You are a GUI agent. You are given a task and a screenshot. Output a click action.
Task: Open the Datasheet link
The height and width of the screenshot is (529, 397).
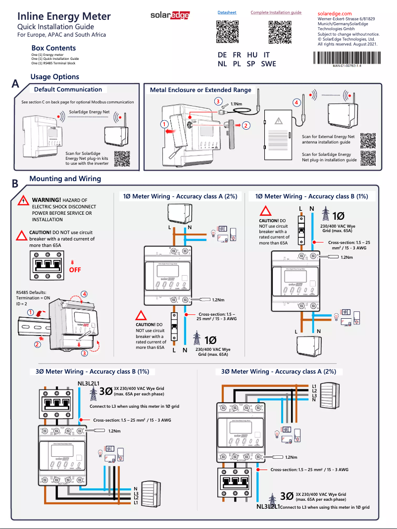click(x=227, y=12)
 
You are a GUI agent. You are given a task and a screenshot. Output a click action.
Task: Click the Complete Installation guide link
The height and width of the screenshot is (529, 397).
click(x=276, y=12)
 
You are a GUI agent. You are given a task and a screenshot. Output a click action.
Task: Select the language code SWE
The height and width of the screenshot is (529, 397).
click(x=268, y=64)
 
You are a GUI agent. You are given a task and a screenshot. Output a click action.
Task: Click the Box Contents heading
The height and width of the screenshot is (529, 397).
click(x=53, y=48)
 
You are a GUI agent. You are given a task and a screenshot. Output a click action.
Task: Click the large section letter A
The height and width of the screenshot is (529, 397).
click(x=15, y=85)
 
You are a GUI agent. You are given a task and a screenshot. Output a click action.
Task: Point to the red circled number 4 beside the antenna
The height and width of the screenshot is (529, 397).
click(x=297, y=102)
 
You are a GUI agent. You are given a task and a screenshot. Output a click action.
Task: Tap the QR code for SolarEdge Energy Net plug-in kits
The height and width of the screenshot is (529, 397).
click(x=122, y=158)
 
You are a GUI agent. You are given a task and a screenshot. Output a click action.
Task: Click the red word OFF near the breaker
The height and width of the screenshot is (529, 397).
click(x=75, y=270)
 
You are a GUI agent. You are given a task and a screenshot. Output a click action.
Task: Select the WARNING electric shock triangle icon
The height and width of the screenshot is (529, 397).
click(x=22, y=200)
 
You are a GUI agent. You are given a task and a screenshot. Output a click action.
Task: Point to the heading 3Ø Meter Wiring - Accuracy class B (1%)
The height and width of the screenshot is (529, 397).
click(x=92, y=371)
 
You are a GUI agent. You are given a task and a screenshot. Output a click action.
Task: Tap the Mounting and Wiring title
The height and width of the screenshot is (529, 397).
click(x=65, y=179)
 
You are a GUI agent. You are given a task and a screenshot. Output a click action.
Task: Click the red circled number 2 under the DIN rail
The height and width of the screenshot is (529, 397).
click(x=37, y=344)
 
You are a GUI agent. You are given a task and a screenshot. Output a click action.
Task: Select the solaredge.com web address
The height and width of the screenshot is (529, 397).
click(x=334, y=13)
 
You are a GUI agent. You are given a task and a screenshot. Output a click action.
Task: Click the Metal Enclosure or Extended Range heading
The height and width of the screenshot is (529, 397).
click(x=200, y=90)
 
